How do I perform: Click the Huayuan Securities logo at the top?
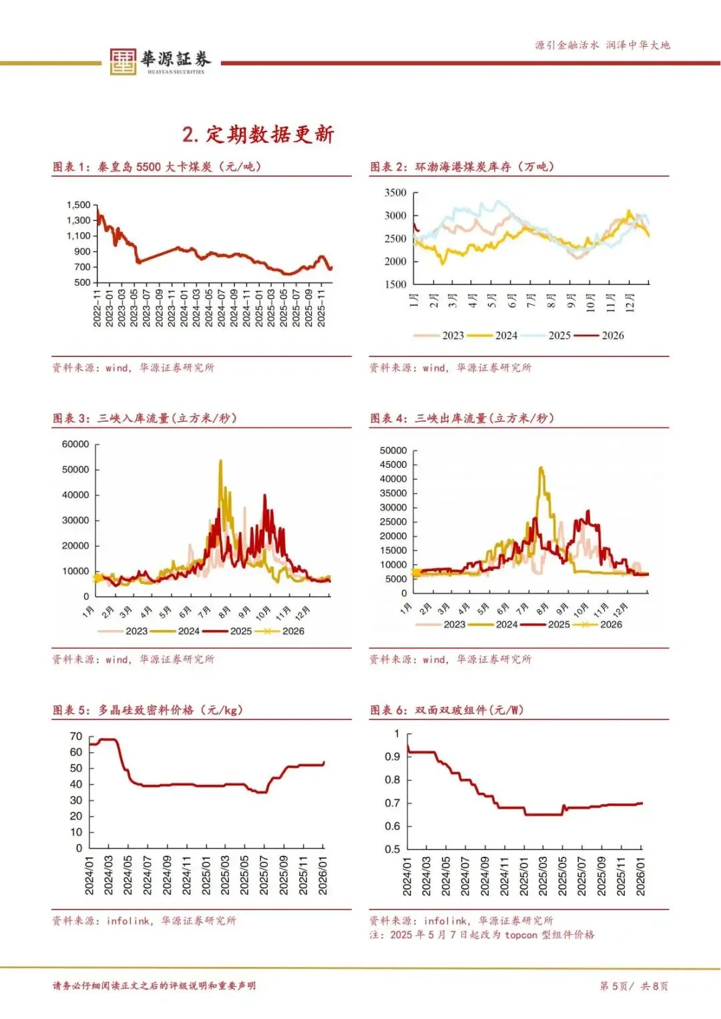(x=160, y=61)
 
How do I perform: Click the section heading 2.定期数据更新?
(x=258, y=134)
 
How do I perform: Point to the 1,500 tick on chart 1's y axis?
(x=78, y=205)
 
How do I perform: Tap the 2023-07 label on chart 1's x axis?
(x=147, y=308)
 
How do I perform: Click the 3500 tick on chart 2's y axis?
(x=395, y=193)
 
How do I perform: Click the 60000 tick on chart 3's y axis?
(x=75, y=444)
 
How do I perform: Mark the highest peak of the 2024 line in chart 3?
(x=221, y=460)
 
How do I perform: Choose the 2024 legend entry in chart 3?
(x=188, y=631)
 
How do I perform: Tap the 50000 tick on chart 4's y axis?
(x=393, y=451)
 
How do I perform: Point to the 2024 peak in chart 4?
(x=541, y=468)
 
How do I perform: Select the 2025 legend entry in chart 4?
(x=559, y=625)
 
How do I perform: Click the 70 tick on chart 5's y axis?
(x=76, y=737)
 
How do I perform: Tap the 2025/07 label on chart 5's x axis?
(x=264, y=876)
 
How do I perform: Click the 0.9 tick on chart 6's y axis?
(x=393, y=757)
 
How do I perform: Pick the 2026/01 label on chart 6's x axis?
(x=640, y=876)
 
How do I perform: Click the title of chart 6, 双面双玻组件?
(x=469, y=710)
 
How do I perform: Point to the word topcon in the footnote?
(x=521, y=935)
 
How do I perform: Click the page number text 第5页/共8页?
(x=634, y=986)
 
